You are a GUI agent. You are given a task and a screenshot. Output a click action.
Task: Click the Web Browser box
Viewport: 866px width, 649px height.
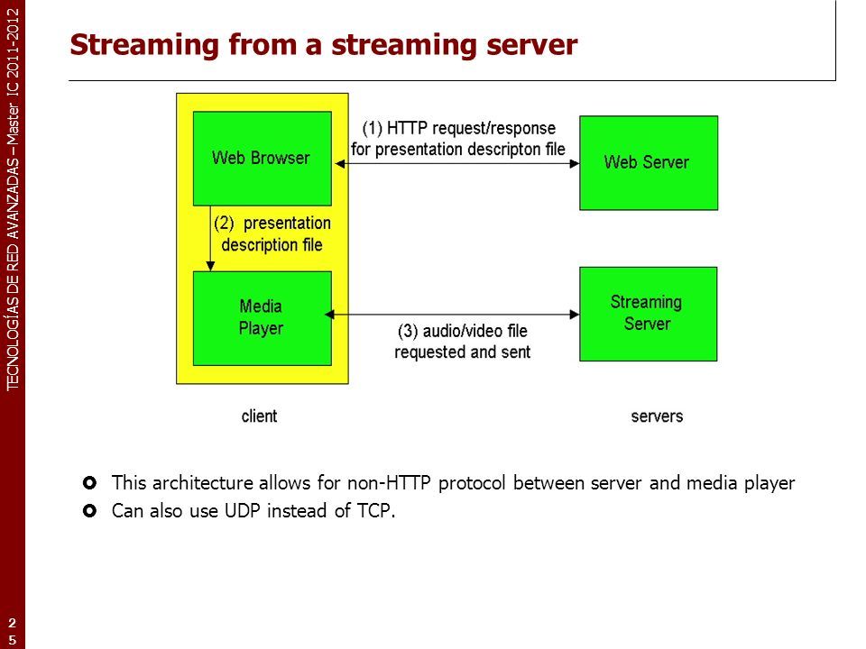point(263,159)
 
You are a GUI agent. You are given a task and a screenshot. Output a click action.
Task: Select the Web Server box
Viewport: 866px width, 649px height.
point(649,163)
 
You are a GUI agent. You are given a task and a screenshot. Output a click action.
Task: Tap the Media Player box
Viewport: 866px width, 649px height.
point(263,318)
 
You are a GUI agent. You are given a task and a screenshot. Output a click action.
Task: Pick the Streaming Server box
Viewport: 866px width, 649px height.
point(649,314)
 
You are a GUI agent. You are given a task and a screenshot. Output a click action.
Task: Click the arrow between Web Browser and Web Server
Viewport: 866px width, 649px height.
point(457,163)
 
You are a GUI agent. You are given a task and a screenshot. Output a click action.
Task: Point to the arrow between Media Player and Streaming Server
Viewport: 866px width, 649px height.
point(452,315)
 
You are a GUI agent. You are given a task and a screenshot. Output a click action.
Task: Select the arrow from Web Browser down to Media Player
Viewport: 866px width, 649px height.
point(210,238)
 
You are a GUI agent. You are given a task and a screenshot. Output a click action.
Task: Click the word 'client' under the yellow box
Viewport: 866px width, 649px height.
point(259,416)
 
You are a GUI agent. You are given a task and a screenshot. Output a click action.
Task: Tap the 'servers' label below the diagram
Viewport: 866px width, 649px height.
point(657,416)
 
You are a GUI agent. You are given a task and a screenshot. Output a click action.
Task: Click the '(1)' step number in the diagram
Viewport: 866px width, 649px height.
point(373,128)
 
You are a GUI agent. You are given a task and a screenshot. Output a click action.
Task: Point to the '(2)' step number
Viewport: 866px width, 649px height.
point(225,223)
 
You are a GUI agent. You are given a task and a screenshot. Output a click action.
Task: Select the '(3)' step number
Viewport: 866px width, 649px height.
point(408,331)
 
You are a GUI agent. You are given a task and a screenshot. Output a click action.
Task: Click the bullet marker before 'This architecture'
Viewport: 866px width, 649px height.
point(89,483)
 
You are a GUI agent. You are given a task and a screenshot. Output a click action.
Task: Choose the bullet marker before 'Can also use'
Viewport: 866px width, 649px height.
point(89,511)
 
